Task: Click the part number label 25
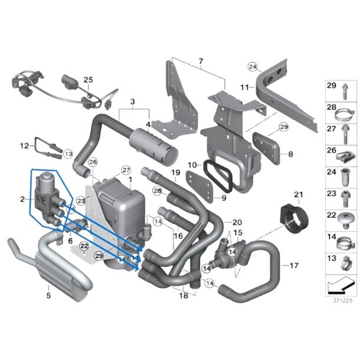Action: [x=88, y=80]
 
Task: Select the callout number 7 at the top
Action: [x=200, y=61]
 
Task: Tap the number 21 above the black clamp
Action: [x=298, y=195]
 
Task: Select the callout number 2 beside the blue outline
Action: [x=22, y=199]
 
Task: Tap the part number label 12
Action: [x=24, y=145]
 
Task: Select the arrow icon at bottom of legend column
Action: [x=341, y=289]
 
